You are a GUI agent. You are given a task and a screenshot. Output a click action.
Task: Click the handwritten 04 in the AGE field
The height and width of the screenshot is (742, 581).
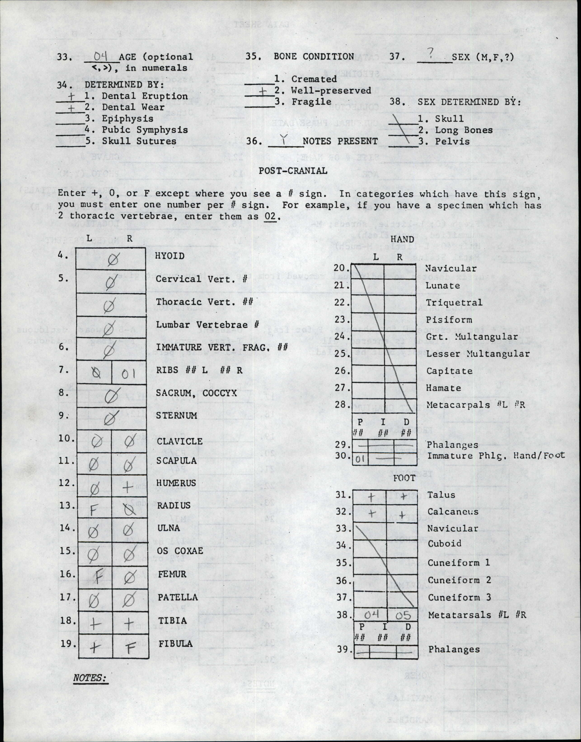[101, 55]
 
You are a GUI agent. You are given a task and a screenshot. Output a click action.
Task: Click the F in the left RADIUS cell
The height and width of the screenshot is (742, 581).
[92, 510]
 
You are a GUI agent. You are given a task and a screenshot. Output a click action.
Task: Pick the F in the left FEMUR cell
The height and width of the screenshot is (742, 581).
[97, 577]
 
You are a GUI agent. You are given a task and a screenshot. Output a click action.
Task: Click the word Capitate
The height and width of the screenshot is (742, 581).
[449, 371]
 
